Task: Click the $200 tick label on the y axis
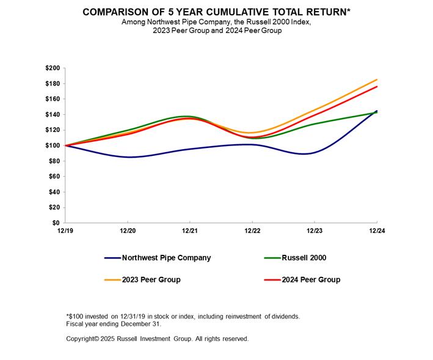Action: (x=53, y=68)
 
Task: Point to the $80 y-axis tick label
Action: (x=54, y=161)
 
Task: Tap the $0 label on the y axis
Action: (x=56, y=223)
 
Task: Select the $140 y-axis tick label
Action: (x=53, y=114)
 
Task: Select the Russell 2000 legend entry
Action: (x=304, y=257)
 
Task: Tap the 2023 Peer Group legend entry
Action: (x=151, y=279)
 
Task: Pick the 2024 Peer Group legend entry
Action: (x=311, y=279)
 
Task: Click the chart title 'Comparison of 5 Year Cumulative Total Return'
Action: (x=216, y=12)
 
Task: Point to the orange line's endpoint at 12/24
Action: (x=377, y=79)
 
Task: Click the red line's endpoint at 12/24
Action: (x=377, y=87)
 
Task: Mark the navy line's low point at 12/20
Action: (x=128, y=157)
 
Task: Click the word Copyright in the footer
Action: (x=82, y=338)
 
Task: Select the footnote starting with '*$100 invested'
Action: (x=183, y=315)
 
